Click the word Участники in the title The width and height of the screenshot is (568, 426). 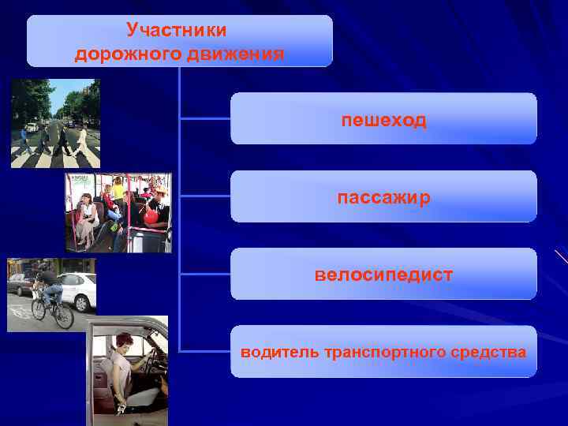(176, 30)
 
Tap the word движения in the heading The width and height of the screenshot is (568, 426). (236, 54)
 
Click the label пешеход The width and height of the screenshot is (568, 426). (383, 120)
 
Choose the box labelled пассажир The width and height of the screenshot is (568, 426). (383, 197)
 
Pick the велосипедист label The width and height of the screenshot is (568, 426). (383, 275)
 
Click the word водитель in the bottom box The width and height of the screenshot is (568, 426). (280, 352)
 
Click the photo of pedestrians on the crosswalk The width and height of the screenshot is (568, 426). (55, 123)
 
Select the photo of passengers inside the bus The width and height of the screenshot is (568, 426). (118, 212)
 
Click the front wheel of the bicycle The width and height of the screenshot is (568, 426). (63, 315)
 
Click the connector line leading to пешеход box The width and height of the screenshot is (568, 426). (205, 119)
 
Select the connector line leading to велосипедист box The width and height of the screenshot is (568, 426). (205, 274)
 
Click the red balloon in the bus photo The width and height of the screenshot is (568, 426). (151, 215)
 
